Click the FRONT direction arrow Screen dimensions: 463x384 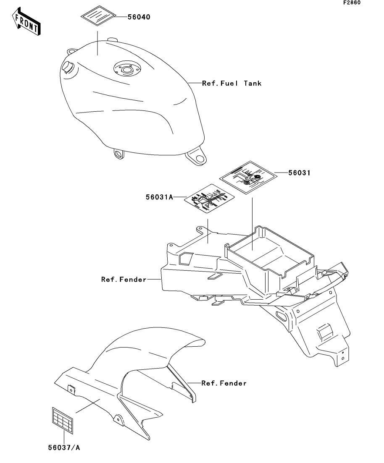tap(26, 23)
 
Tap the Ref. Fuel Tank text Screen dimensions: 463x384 tap(231, 83)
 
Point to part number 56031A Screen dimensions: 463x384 tap(159, 196)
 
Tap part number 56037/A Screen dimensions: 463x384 tap(63, 447)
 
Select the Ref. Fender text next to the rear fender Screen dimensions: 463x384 tap(124, 279)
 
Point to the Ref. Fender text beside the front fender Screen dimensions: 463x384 tap(224, 383)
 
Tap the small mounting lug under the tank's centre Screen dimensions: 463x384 tap(119, 154)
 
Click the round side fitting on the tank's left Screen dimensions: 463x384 tap(68, 66)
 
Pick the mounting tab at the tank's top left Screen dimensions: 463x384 tap(72, 51)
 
